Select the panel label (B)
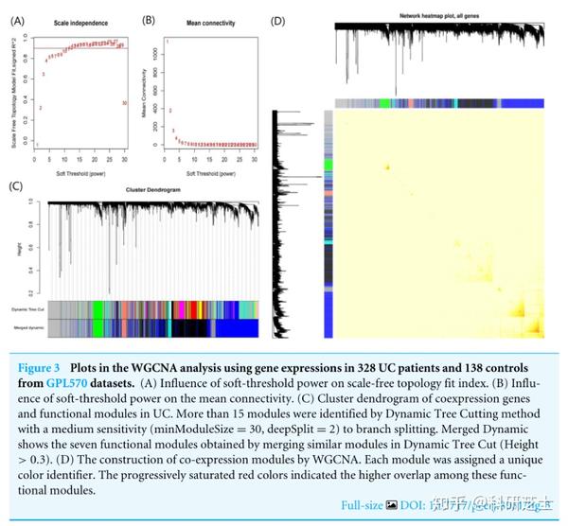pos(148,19)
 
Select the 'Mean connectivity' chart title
pos(210,22)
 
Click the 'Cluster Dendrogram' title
pos(152,190)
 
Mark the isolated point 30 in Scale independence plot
pos(124,102)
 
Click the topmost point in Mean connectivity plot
pos(167,42)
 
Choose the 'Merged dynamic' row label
pos(26,326)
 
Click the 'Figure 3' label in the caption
pos(44,366)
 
